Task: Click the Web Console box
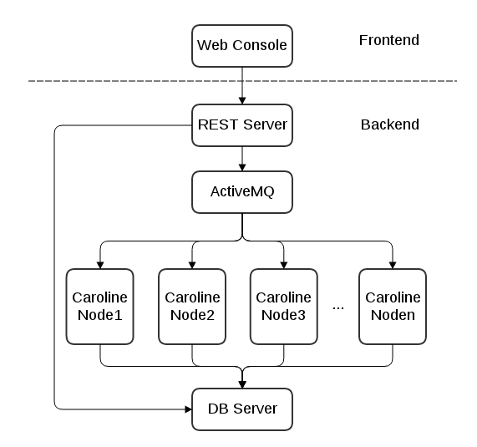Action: pos(242,45)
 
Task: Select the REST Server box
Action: pos(242,125)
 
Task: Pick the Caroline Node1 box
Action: pos(100,307)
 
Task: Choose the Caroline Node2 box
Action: pos(192,307)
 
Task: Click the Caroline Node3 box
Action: pos(284,307)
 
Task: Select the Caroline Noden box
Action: pos(392,307)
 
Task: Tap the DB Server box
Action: pos(242,409)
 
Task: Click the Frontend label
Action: pos(388,40)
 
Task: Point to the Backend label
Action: pos(389,125)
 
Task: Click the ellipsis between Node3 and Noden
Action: pos(338,307)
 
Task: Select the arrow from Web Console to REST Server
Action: pos(242,85)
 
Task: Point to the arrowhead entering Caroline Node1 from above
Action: pos(100,264)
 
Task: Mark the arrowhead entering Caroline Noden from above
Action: pos(392,264)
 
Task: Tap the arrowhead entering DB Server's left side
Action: pos(188,409)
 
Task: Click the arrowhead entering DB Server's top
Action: pos(242,384)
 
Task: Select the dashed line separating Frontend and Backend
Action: pos(125,81)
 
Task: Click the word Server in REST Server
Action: pos(265,125)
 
